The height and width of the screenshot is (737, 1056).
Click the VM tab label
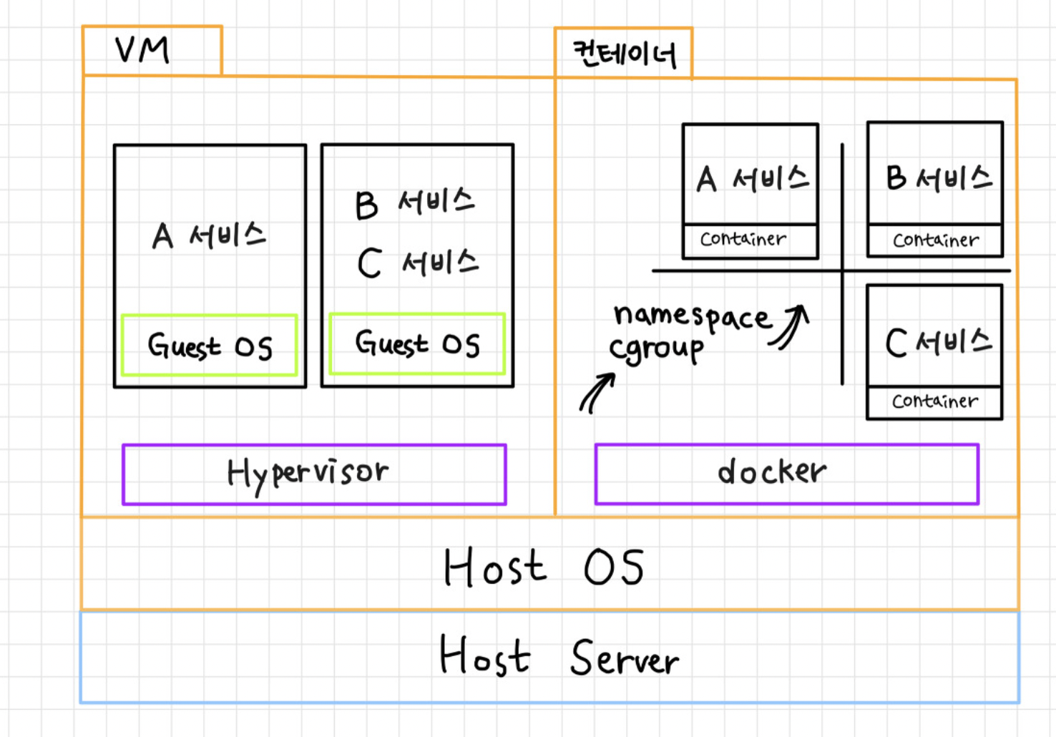pos(143,50)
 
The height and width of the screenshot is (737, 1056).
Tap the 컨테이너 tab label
pos(624,54)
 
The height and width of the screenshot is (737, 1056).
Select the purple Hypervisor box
pos(313,474)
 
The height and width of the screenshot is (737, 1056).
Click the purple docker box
pos(786,473)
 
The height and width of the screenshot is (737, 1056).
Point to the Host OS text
pos(544,567)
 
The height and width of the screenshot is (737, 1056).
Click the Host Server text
pos(558,657)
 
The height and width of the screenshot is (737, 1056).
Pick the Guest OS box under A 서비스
pos(209,346)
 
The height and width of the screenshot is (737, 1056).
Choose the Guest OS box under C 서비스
pos(417,344)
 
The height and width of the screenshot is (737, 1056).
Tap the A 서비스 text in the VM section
pos(209,235)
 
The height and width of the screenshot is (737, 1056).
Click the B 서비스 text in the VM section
pos(415,203)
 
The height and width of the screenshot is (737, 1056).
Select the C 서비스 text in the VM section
pos(418,263)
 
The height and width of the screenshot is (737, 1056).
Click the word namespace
pos(691,316)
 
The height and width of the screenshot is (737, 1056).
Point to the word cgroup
pos(656,349)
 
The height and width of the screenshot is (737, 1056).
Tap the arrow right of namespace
pos(791,326)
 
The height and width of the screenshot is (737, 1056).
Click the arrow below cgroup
pos(597,393)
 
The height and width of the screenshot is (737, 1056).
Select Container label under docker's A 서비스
pos(743,239)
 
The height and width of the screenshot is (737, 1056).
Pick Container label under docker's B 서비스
pos(935,240)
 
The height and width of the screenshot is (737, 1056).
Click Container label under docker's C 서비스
pos(934,401)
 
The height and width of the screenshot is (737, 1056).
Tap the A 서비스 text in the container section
pos(752,179)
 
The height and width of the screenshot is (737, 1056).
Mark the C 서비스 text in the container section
pos(938,342)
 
